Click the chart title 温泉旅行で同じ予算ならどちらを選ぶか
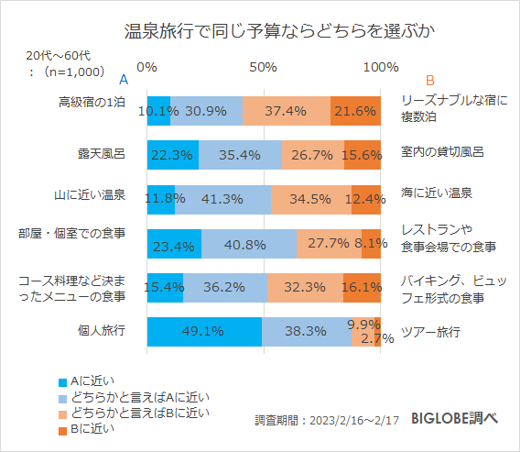click(x=259, y=30)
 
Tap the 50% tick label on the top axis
click(x=264, y=67)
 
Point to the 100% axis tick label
click(x=380, y=67)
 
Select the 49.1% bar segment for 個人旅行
click(x=204, y=331)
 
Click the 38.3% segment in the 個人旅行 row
click(x=307, y=331)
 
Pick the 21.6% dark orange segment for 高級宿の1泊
click(x=355, y=111)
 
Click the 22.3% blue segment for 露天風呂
click(x=172, y=155)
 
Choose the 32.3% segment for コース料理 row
click(x=305, y=287)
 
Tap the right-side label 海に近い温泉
click(x=437, y=193)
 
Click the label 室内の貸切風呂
click(x=442, y=151)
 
